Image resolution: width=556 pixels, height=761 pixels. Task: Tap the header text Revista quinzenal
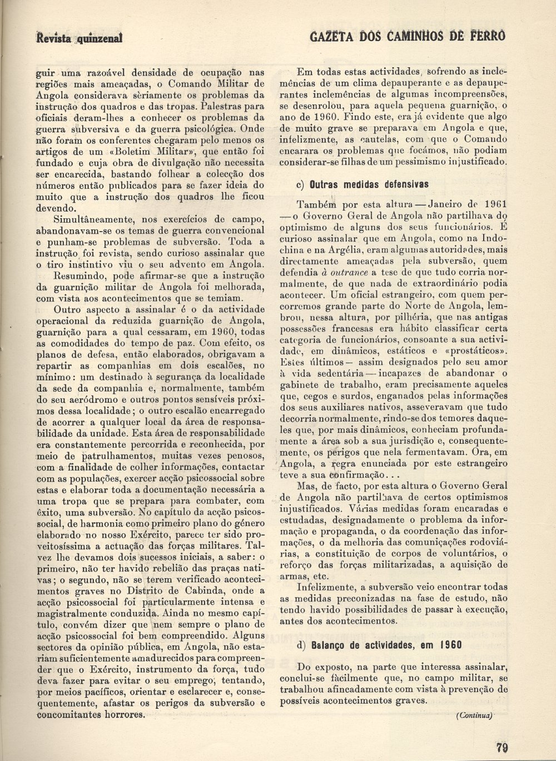(x=79, y=38)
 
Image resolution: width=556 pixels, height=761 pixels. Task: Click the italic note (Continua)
(x=474, y=715)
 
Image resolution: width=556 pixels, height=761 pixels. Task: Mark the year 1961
(x=495, y=204)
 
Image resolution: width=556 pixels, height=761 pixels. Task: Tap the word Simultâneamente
(x=91, y=220)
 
